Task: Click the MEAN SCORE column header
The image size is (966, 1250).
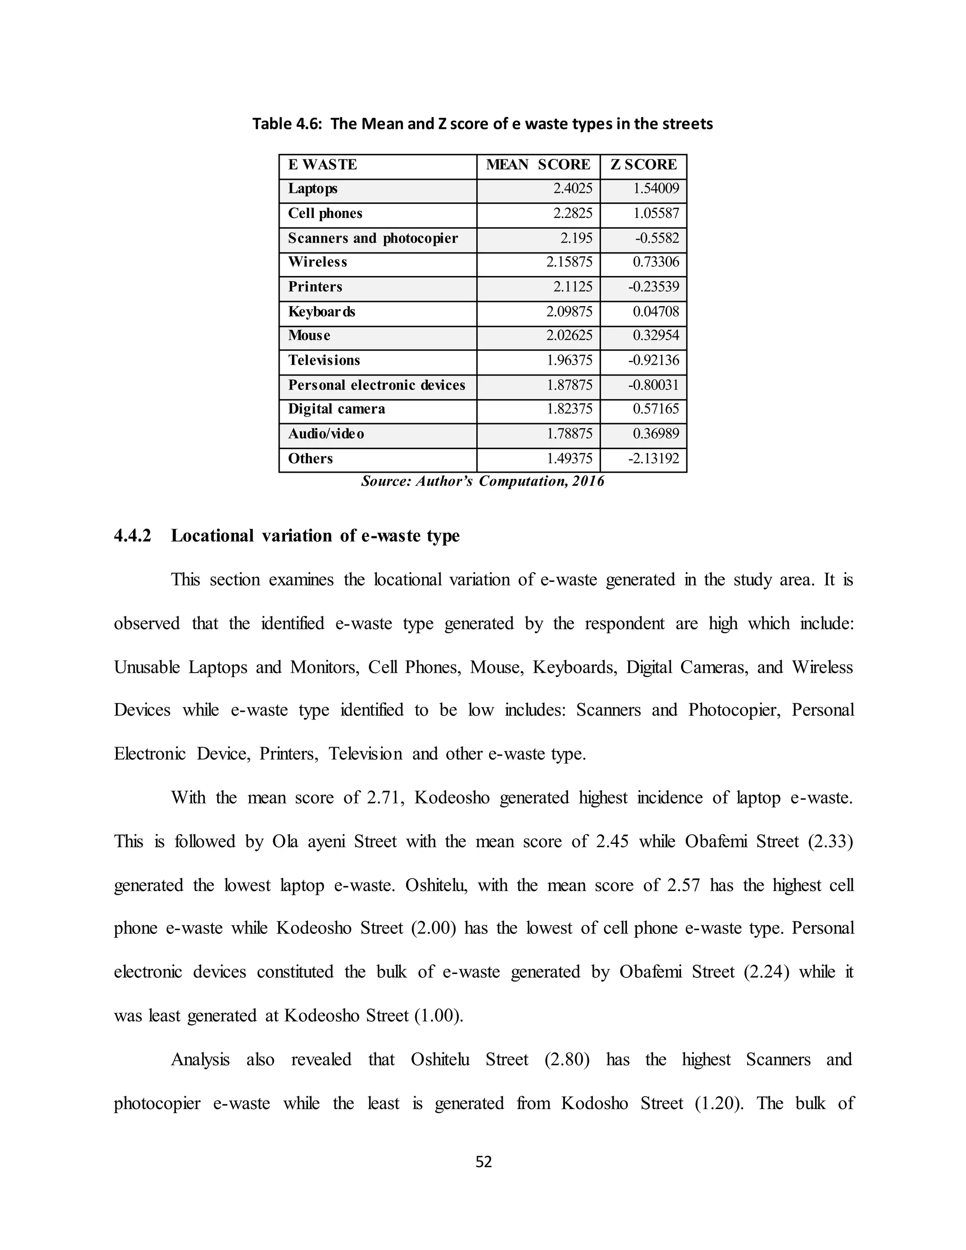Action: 538,165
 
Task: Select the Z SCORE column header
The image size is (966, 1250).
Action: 643,165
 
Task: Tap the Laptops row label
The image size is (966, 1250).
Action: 312,189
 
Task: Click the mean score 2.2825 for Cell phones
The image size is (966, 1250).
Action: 573,214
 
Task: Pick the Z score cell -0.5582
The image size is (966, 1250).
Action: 657,238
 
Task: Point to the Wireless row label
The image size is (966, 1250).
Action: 317,262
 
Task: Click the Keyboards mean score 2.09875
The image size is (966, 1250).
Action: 569,311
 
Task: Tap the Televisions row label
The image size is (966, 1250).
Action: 324,360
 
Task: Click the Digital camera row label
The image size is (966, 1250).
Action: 336,408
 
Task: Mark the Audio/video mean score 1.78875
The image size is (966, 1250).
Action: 569,434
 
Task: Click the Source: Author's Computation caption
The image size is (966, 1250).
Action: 483,481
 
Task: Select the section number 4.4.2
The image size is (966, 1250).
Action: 132,536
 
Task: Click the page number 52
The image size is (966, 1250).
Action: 483,1162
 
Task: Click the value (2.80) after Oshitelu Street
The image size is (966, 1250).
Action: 566,1059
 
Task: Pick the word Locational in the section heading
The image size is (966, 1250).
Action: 212,536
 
